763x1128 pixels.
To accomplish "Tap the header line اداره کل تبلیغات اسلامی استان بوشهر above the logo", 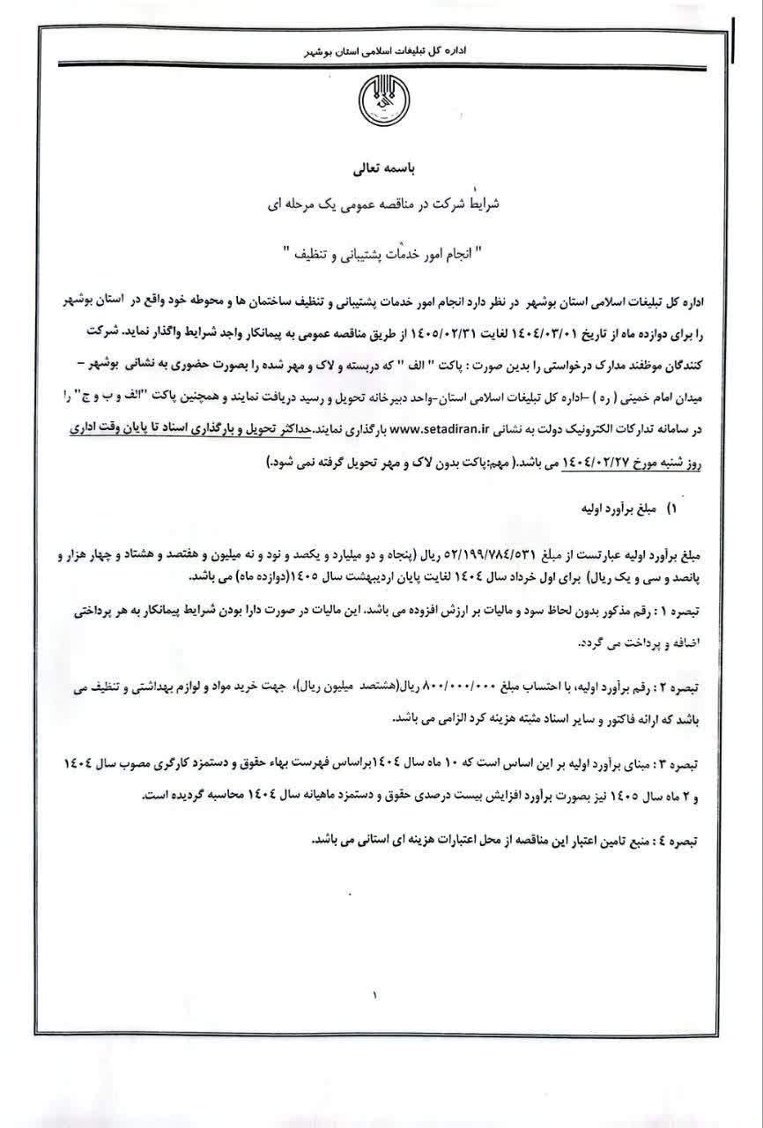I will click(379, 52).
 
